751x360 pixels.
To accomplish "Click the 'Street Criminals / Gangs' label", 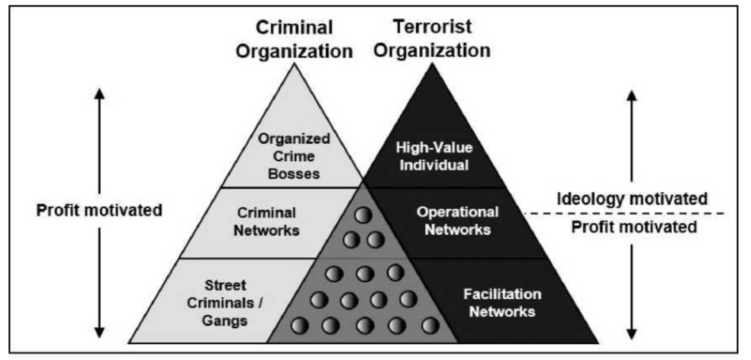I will click(x=227, y=302).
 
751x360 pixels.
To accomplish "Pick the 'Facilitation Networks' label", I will click(x=502, y=302).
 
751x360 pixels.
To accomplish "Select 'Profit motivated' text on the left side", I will click(x=99, y=209).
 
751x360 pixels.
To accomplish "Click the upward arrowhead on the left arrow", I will click(x=100, y=94).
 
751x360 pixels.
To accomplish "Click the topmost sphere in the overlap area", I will click(x=362, y=215).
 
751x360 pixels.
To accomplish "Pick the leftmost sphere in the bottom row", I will click(x=300, y=325).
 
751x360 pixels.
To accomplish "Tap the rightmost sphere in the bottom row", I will click(x=430, y=325).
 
